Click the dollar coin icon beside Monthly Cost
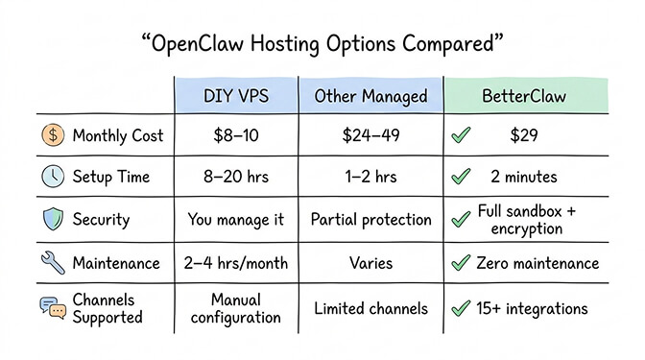pos(52,135)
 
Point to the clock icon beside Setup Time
pos(52,178)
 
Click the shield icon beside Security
pos(52,220)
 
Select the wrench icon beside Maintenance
pos(52,262)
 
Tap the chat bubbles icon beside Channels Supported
pos(52,308)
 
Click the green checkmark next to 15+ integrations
pos(461,308)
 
